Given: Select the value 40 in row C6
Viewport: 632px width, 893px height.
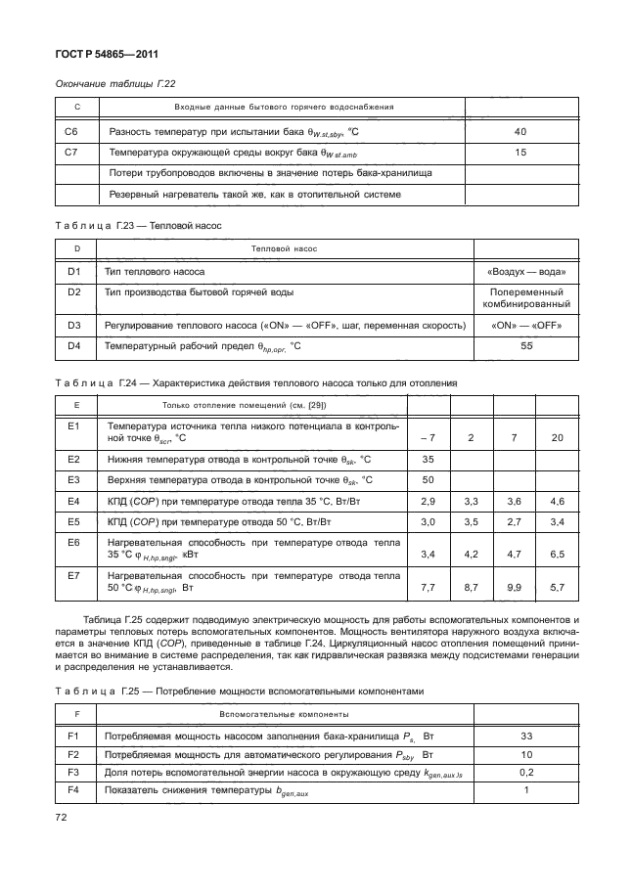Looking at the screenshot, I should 519,131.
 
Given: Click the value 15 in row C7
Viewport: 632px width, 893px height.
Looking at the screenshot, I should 519,153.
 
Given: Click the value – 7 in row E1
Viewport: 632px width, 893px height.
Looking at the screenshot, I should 428,436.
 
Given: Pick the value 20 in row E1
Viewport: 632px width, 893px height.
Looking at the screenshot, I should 557,436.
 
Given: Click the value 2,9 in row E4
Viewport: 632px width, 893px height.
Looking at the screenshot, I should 428,501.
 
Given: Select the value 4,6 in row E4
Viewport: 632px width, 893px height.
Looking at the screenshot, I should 557,501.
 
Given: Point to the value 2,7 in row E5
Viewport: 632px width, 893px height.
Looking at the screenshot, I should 514,522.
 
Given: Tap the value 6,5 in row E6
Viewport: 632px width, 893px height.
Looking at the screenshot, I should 557,554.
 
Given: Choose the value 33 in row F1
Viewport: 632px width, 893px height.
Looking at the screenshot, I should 525,734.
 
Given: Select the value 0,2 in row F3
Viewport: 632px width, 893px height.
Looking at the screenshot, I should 525,773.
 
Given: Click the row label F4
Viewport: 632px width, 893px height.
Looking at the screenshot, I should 71,790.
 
